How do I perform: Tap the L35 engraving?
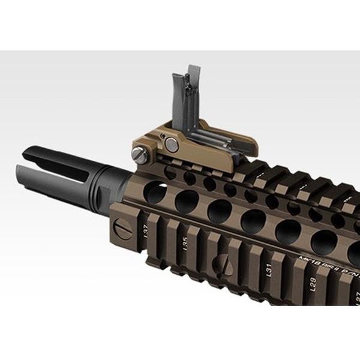pos(185,244)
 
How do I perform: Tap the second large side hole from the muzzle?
pos(187,200)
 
